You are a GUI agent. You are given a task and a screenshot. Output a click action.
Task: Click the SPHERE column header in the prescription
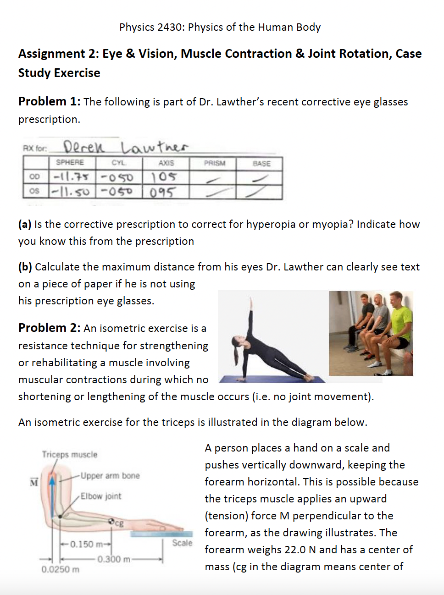pyautogui.click(x=70, y=162)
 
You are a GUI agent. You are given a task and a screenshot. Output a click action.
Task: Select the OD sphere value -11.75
pyautogui.click(x=71, y=176)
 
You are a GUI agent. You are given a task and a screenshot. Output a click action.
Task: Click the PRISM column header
pyautogui.click(x=214, y=163)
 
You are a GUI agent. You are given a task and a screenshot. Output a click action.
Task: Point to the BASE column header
pyautogui.click(x=261, y=163)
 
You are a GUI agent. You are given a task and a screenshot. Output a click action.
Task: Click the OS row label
pyautogui.click(x=34, y=191)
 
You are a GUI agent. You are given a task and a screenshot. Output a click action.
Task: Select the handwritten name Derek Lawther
pyautogui.click(x=125, y=147)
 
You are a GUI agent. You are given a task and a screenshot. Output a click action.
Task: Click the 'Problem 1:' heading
pyautogui.click(x=49, y=101)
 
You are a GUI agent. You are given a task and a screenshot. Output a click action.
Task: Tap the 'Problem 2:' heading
pyautogui.click(x=49, y=328)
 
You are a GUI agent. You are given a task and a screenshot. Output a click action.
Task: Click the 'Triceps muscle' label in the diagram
pyautogui.click(x=70, y=454)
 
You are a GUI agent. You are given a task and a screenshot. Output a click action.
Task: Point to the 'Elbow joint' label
pyautogui.click(x=101, y=496)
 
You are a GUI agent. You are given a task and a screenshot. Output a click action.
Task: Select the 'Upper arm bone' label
pyautogui.click(x=110, y=476)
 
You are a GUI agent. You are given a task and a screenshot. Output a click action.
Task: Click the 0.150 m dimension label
pyautogui.click(x=83, y=544)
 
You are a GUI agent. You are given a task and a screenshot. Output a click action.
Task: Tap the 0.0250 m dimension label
pyautogui.click(x=60, y=569)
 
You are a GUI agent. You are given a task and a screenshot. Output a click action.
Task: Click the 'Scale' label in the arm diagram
pyautogui.click(x=182, y=543)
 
